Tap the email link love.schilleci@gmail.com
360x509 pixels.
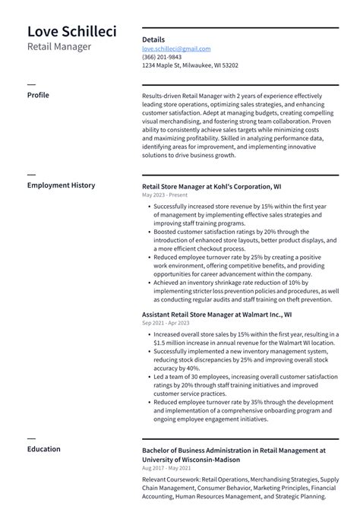(x=176, y=49)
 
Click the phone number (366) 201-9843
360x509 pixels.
(x=162, y=57)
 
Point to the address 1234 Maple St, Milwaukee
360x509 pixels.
(x=190, y=65)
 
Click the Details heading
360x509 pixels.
(x=153, y=39)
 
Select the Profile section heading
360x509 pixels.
(x=38, y=95)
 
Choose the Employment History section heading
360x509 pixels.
(x=61, y=185)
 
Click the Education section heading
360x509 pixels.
(x=43, y=449)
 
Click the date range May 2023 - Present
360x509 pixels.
(x=164, y=195)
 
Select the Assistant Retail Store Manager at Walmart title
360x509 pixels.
(x=216, y=315)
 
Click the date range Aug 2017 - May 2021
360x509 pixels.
(x=168, y=469)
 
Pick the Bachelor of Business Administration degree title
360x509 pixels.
(x=233, y=451)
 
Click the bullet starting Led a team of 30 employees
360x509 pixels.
(x=245, y=377)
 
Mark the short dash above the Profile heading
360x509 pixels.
(x=31, y=84)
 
